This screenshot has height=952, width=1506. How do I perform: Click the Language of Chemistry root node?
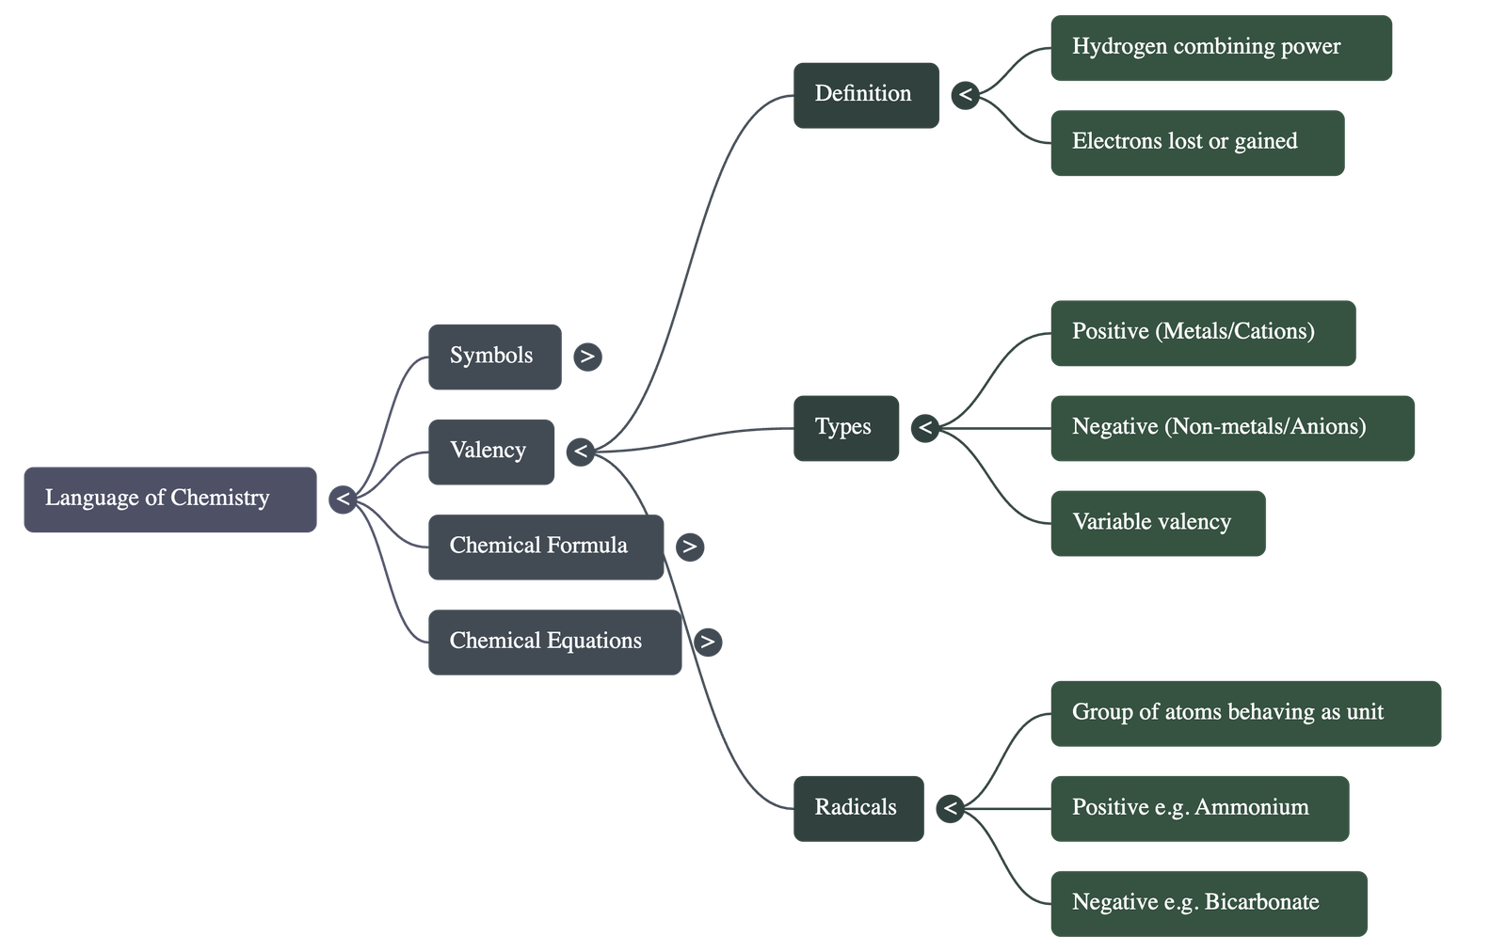tap(169, 499)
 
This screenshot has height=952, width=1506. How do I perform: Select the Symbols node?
tap(494, 357)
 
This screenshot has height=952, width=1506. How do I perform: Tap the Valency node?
tap(490, 452)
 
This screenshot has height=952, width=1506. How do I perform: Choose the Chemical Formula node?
tap(545, 547)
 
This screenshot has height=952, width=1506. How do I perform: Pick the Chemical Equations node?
tap(554, 642)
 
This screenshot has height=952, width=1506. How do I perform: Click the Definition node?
tap(865, 95)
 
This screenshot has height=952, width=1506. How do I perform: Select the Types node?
tap(845, 428)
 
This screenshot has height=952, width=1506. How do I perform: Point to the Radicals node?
tap(857, 808)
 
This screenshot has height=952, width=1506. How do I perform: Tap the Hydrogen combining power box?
tap(1220, 48)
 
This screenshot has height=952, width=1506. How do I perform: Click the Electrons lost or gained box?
tap(1196, 143)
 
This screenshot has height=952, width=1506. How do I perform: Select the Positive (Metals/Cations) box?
tap(1202, 333)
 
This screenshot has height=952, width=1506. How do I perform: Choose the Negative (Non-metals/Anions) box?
tap(1231, 428)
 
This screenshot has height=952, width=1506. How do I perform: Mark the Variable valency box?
tap(1157, 523)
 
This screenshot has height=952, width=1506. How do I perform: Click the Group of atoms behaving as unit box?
tap(1244, 713)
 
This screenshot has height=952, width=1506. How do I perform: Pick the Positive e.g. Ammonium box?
tap(1198, 808)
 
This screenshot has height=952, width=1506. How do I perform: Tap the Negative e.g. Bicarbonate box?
tap(1208, 903)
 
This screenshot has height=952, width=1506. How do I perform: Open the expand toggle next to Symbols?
tap(587, 357)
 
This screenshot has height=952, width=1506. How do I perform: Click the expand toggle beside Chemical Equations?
tap(707, 642)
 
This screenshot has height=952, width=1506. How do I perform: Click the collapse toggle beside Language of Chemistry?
tap(344, 499)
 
